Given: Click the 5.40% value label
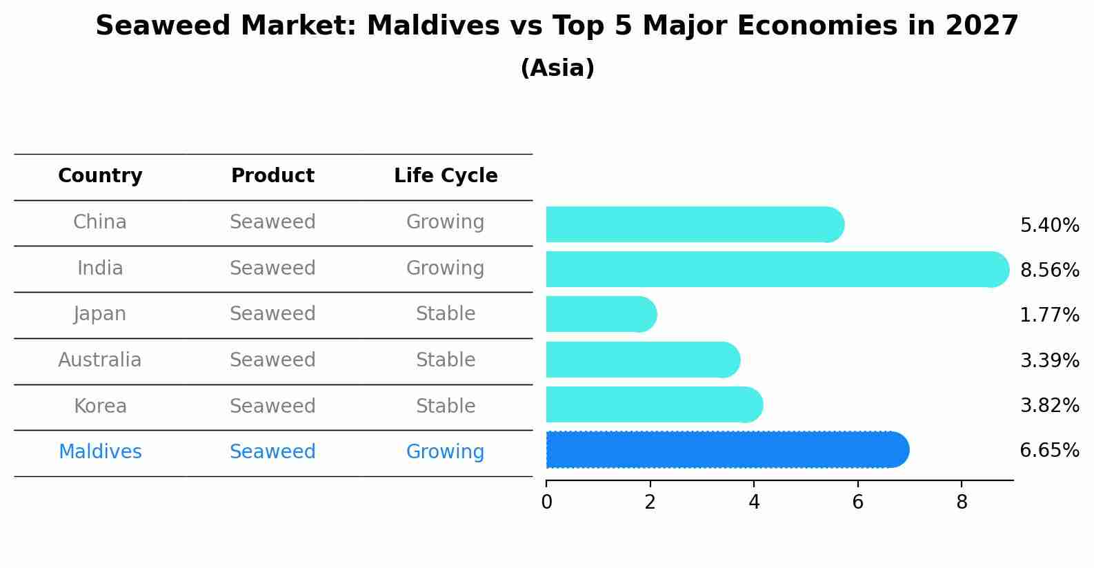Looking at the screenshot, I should (x=1049, y=226).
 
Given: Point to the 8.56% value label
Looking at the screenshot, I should (x=1049, y=270).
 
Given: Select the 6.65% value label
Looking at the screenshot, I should (x=1049, y=451).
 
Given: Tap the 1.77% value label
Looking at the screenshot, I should (x=1049, y=315).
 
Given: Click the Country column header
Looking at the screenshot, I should (x=100, y=176).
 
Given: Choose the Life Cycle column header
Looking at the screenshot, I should (x=446, y=176).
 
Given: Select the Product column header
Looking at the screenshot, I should (x=272, y=176).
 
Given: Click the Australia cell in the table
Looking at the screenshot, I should (x=100, y=360).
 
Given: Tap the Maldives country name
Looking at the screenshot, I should (x=100, y=452).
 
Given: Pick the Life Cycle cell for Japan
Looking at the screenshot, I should (x=446, y=314).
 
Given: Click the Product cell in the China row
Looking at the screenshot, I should (x=272, y=222).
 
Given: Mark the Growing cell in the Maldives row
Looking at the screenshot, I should (x=446, y=452).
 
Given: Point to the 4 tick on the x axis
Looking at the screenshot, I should (x=754, y=502).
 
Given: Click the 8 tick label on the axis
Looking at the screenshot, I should (x=962, y=502).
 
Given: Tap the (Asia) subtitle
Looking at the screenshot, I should (x=557, y=68).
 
